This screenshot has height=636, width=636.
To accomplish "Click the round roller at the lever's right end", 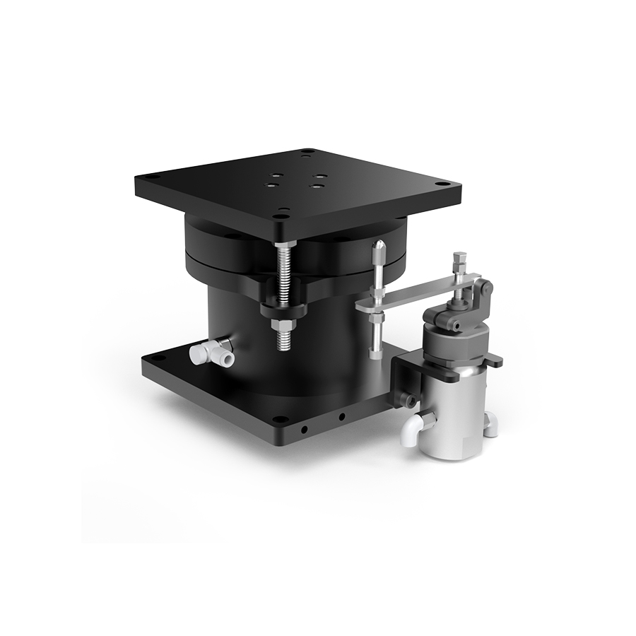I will pos(484,287).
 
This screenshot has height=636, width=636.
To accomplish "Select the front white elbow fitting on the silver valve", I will pos(410,430).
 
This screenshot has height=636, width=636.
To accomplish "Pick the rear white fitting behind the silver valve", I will pos(490,423).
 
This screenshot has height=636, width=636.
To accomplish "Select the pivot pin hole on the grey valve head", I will pos(457,326).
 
